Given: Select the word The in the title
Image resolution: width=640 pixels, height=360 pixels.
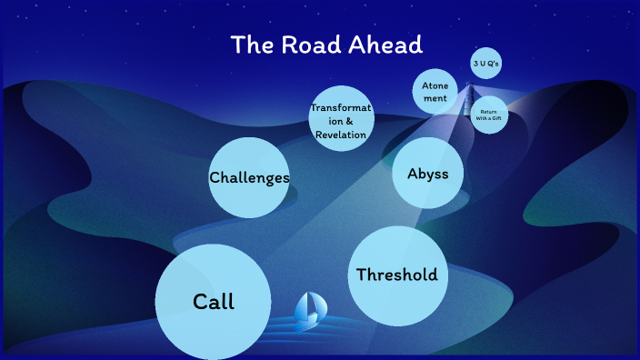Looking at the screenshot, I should (x=248, y=45).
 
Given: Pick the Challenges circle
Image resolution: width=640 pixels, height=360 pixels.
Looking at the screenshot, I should (x=249, y=177).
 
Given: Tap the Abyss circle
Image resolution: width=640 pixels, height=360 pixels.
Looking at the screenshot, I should (x=427, y=173).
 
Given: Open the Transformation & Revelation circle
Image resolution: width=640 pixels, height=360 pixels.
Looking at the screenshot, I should (x=341, y=119).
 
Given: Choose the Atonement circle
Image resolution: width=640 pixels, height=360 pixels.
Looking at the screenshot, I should (x=435, y=91).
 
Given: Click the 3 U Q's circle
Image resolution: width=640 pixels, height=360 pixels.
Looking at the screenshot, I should (x=485, y=64).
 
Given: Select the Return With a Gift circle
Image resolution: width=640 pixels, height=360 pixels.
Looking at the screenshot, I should (x=490, y=115).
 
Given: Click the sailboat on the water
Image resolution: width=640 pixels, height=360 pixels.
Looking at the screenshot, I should (x=309, y=310).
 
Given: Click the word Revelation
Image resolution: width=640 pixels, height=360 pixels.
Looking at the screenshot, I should (x=341, y=135).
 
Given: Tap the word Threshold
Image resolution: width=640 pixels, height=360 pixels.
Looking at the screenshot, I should (x=396, y=275).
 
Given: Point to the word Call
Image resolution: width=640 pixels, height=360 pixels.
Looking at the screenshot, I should (x=214, y=302).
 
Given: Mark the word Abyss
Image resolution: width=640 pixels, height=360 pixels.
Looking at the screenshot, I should (x=427, y=173).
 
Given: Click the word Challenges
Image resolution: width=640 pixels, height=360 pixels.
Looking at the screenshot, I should (x=249, y=177).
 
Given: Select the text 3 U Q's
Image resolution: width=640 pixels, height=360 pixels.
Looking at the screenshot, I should (x=485, y=64).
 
